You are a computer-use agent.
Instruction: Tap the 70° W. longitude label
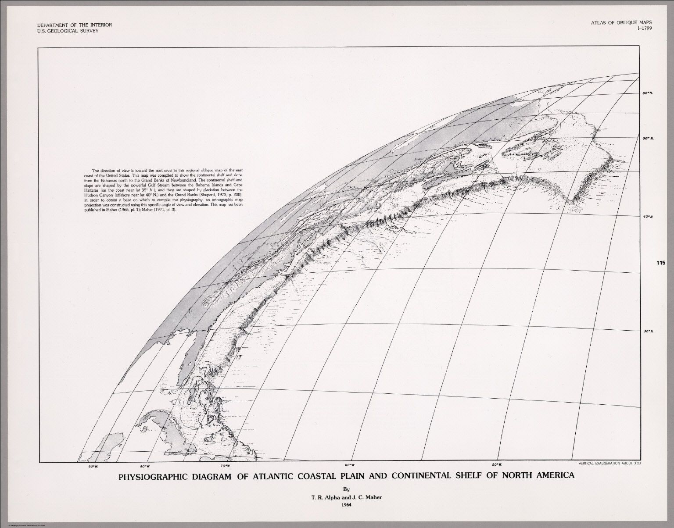tap(226, 466)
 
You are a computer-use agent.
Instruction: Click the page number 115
tap(662, 263)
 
